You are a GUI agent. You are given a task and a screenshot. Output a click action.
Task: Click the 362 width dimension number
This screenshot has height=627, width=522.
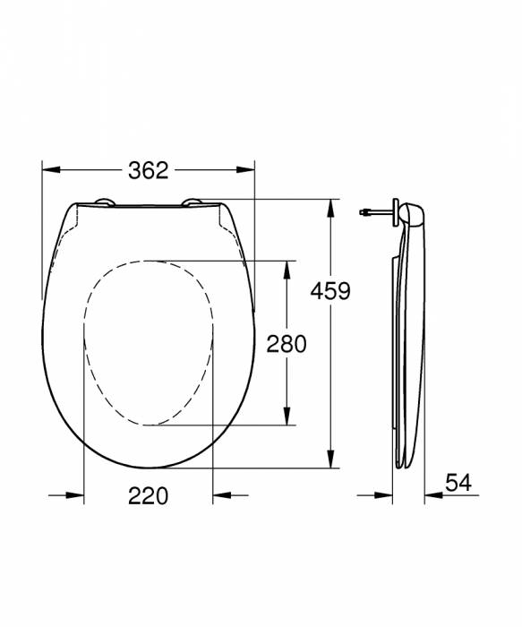tap(149, 169)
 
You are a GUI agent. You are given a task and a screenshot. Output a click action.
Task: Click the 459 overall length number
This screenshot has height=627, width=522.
tap(329, 290)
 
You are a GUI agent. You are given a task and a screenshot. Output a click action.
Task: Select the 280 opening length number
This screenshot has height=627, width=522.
tap(287, 343)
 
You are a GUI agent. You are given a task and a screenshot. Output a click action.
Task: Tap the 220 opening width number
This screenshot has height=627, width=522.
tap(149, 494)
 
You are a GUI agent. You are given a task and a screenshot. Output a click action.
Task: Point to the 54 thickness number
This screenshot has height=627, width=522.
tap(458, 483)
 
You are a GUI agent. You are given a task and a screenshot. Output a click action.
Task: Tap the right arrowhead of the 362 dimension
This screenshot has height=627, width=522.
tap(246, 167)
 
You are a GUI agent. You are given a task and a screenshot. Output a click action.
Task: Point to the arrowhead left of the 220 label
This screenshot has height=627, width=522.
tap(75, 494)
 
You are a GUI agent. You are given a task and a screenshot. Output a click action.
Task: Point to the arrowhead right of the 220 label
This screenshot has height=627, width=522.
tap(222, 494)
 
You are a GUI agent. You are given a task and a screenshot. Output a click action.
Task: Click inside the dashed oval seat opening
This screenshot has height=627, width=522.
tap(149, 340)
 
